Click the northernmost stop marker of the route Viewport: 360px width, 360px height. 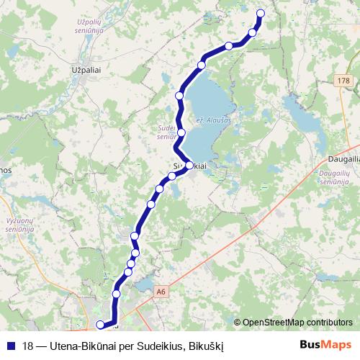(261, 13)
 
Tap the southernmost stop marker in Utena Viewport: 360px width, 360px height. (100, 325)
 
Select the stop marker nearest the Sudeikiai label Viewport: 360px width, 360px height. (189, 166)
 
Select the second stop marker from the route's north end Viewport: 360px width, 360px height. (253, 32)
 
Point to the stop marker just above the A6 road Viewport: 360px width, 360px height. (116, 294)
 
